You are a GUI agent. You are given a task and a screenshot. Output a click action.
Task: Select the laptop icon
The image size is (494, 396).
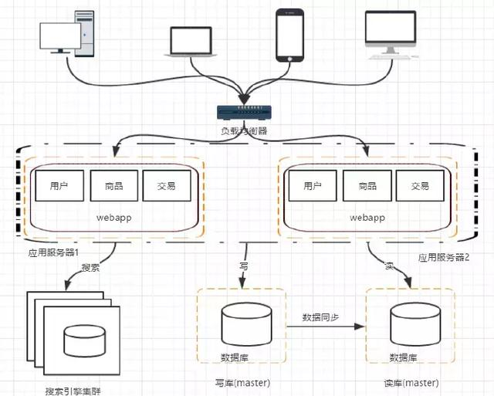(x=190, y=42)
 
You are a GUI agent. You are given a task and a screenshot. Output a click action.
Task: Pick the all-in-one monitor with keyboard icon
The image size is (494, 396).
(x=392, y=36)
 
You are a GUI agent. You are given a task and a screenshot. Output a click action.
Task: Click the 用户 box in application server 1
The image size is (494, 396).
(x=59, y=186)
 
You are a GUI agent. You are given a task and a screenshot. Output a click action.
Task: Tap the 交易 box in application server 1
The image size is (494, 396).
(x=165, y=186)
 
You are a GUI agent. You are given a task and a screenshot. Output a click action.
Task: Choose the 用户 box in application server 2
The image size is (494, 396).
(x=313, y=186)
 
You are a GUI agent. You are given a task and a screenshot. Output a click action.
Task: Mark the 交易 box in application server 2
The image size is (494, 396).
(x=419, y=186)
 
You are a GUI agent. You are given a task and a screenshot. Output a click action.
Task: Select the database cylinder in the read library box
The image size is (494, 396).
(x=408, y=323)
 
